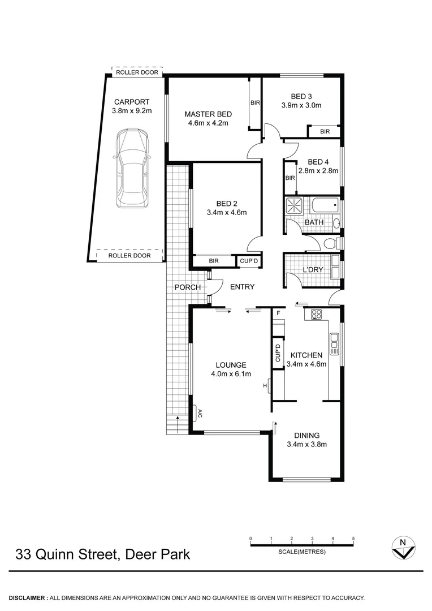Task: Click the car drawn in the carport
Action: pyautogui.click(x=131, y=169)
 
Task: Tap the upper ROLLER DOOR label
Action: pyautogui.click(x=137, y=72)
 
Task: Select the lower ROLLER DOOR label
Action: pyautogui.click(x=129, y=256)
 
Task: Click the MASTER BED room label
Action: pyautogui.click(x=208, y=114)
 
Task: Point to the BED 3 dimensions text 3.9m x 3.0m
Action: pyautogui.click(x=301, y=105)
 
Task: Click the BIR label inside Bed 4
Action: pyautogui.click(x=290, y=178)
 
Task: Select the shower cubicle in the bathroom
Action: pyautogui.click(x=294, y=205)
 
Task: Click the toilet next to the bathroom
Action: pyautogui.click(x=329, y=243)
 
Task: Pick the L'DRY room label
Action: pyautogui.click(x=313, y=270)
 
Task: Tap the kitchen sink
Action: pyautogui.click(x=334, y=342)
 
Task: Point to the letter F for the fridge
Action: pyautogui.click(x=278, y=313)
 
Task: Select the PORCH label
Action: pyautogui.click(x=187, y=287)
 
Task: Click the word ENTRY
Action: pyautogui.click(x=242, y=287)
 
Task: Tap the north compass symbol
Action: pyautogui.click(x=403, y=548)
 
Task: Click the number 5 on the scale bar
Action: pyautogui.click(x=353, y=539)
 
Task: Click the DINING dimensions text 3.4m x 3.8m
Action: pyautogui.click(x=307, y=444)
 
